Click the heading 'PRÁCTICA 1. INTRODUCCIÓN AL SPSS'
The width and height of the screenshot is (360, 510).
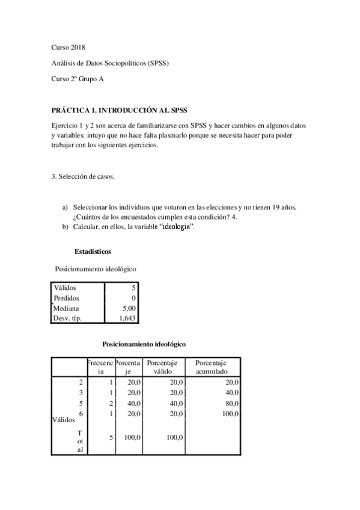click(120, 111)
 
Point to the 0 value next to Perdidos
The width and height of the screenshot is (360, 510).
click(133, 298)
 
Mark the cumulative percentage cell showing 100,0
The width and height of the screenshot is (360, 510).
click(230, 414)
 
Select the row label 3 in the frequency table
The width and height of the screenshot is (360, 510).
click(81, 392)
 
